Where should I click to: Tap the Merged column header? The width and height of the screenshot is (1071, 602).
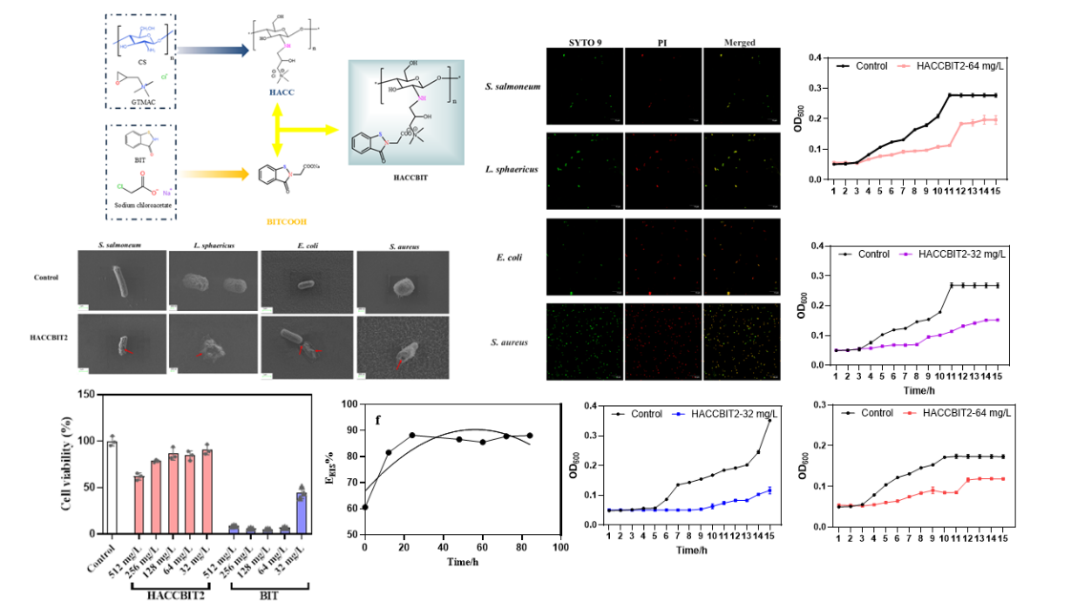(x=739, y=43)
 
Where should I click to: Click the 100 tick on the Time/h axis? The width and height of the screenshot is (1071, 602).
(x=560, y=548)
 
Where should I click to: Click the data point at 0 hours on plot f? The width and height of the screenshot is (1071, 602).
(x=365, y=508)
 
